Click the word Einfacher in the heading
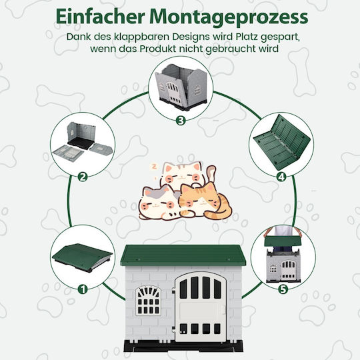click(100, 17)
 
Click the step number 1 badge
click(83, 289)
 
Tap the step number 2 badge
click(83, 177)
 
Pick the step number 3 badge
click(181, 120)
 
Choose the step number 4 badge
click(281, 177)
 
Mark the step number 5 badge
click(283, 289)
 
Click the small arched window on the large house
click(148, 300)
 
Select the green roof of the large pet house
click(183, 255)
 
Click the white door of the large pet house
click(200, 307)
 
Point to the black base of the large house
click(183, 346)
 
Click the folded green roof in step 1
click(83, 257)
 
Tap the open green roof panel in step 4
click(282, 142)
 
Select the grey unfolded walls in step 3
click(181, 85)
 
